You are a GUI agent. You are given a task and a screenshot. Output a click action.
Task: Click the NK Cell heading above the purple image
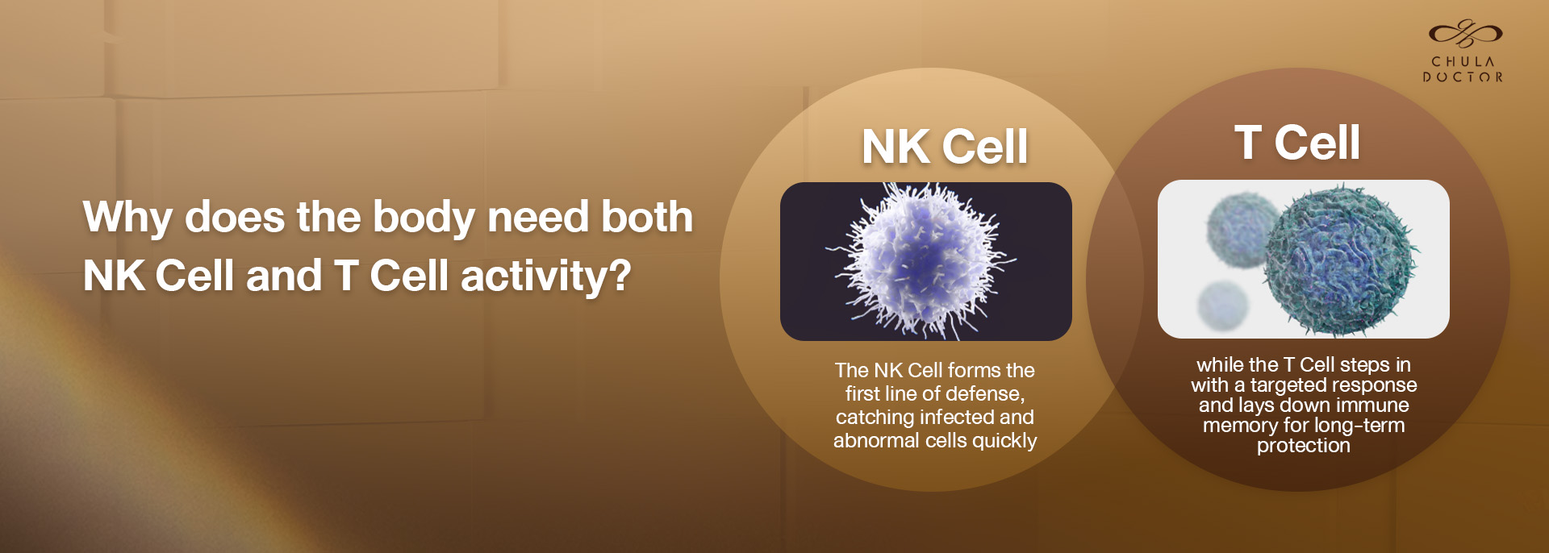tap(945, 147)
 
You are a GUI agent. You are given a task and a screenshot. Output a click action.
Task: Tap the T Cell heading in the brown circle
tap(1297, 143)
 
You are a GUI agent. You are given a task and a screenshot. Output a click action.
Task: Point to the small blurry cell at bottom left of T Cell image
tap(1223, 306)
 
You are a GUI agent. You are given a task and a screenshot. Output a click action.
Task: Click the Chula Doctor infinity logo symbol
tap(1465, 33)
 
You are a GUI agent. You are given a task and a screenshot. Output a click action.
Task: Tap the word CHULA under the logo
tap(1463, 62)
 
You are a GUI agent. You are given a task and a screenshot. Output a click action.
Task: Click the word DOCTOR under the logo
tap(1463, 77)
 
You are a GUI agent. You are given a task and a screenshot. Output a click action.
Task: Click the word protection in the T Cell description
tap(1304, 446)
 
